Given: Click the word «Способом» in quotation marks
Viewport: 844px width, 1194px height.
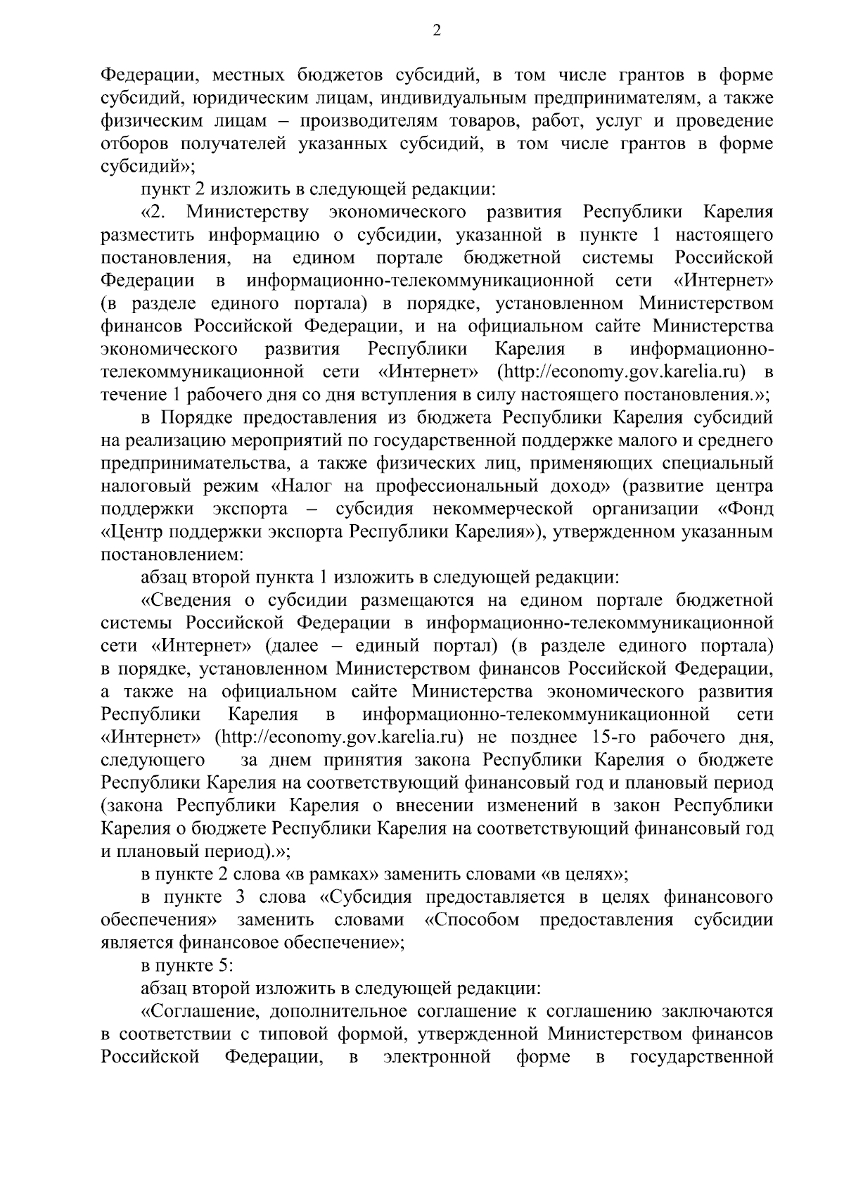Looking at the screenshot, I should [473, 920].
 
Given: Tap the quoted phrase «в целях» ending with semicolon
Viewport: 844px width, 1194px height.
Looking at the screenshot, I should [584, 875].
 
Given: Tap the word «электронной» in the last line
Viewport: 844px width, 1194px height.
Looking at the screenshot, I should [437, 1057].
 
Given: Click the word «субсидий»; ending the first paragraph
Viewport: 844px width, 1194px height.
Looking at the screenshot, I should [148, 167].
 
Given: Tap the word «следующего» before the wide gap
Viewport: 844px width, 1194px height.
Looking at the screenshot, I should [154, 760].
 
